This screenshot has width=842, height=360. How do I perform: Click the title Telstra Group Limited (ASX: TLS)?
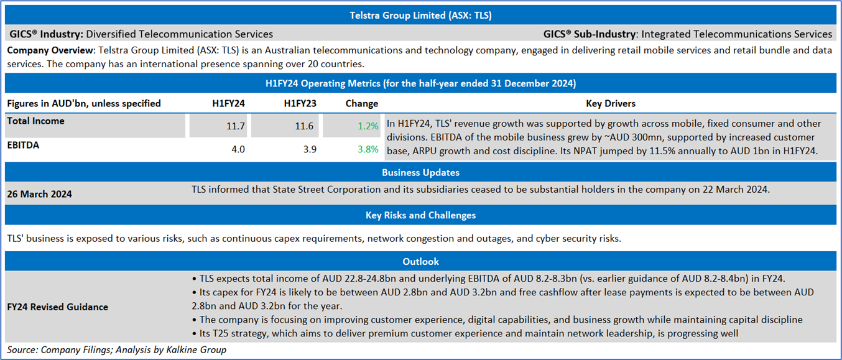click(x=420, y=16)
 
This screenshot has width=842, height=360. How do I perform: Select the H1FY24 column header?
click(x=229, y=103)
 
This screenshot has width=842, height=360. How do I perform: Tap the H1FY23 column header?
click(x=300, y=103)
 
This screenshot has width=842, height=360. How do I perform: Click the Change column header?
click(x=361, y=103)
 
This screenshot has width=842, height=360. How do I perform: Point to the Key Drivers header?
click(x=611, y=103)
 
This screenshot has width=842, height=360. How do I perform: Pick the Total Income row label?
click(x=35, y=121)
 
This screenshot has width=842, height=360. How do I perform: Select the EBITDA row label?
click(x=23, y=145)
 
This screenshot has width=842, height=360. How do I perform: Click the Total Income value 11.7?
click(x=236, y=126)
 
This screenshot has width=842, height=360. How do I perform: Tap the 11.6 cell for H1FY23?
click(x=304, y=126)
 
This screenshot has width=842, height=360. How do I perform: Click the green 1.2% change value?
click(x=368, y=126)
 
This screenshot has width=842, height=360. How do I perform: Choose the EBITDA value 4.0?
click(x=238, y=149)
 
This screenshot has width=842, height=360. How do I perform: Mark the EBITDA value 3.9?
click(x=310, y=149)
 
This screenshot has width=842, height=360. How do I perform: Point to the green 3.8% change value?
click(x=368, y=149)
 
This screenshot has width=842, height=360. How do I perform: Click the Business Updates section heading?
click(x=420, y=172)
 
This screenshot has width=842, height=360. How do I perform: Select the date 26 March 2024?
click(x=39, y=194)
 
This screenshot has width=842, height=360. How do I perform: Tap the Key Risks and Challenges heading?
click(x=420, y=215)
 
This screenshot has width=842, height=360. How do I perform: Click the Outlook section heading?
click(x=420, y=262)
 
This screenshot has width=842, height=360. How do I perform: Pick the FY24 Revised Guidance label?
click(x=57, y=307)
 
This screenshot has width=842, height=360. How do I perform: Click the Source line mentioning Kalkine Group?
click(x=116, y=350)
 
